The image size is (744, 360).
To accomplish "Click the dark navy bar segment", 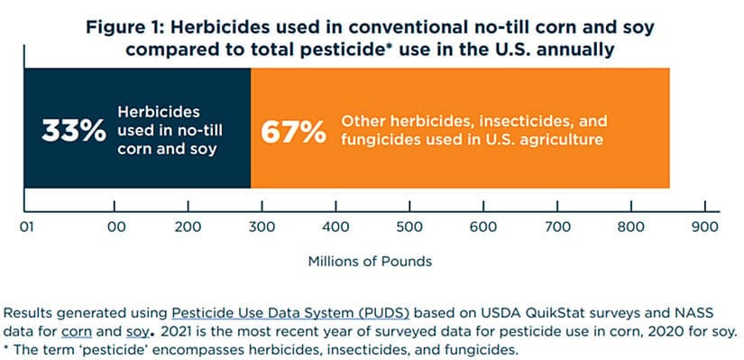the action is tap(137, 128).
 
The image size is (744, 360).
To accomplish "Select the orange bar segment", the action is tap(460, 128).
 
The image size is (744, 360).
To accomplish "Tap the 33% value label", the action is tap(74, 131).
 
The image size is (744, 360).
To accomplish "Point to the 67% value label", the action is tap(293, 131).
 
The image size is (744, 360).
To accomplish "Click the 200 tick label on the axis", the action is tap(188, 227).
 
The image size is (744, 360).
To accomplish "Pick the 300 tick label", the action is tap(262, 227).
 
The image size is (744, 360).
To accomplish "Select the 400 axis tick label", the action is tap(336, 227).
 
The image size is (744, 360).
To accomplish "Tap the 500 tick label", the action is tap(409, 227).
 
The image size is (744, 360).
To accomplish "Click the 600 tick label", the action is tap(483, 227).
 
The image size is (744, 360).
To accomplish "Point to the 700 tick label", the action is tap(557, 227).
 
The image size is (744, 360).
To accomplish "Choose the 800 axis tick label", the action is tap(631, 227).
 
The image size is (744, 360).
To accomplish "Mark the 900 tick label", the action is tap(704, 227).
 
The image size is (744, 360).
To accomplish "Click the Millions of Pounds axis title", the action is tap(370, 262).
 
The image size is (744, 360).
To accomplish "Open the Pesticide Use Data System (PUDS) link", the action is tap(290, 313).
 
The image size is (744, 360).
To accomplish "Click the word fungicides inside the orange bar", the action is tap(377, 140).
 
